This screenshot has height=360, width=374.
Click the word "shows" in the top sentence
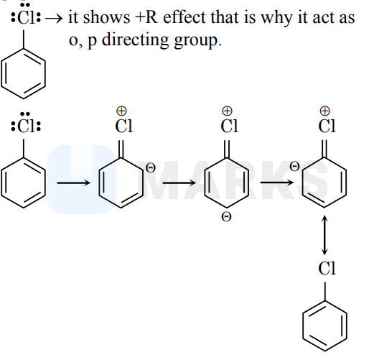click(x=106, y=17)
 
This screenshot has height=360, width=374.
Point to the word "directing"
click(x=135, y=40)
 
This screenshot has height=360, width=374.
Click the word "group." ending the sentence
click(x=197, y=41)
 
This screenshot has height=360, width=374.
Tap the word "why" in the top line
click(x=276, y=18)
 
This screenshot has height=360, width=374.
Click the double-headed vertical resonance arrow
click(x=324, y=235)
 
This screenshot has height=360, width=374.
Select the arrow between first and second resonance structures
click(x=74, y=183)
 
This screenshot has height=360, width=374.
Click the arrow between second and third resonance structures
click(x=179, y=183)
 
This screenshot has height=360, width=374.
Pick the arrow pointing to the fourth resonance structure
click(x=277, y=183)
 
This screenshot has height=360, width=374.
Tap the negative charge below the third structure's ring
click(x=226, y=217)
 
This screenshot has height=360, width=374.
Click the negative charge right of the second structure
click(x=151, y=167)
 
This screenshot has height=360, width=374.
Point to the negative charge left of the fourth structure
click(x=294, y=166)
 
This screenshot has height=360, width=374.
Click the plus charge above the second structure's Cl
click(x=121, y=111)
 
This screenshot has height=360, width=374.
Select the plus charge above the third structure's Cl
click(x=227, y=111)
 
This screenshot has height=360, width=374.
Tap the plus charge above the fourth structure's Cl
click(x=324, y=111)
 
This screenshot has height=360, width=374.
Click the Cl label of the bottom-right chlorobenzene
click(x=327, y=268)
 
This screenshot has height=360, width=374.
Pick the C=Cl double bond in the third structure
click(x=227, y=149)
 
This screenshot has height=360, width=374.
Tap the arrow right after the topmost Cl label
click(x=54, y=19)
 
